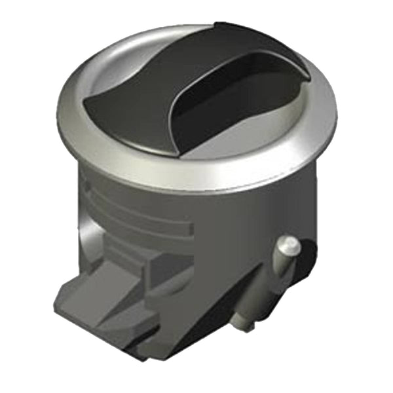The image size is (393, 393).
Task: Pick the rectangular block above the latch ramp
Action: coord(154,265)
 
